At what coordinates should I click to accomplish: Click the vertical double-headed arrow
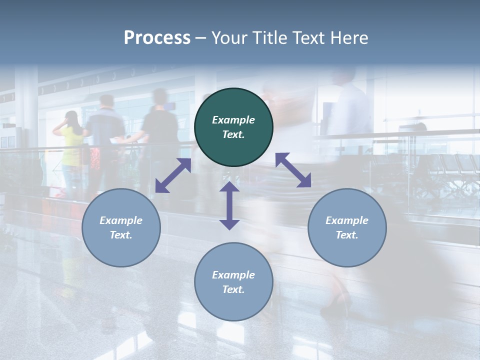coord(229,205)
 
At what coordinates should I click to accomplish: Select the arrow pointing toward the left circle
coord(173,175)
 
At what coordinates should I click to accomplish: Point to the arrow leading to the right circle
coord(293,170)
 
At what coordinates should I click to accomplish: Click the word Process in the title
coord(157,37)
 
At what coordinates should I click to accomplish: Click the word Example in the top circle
coord(233,120)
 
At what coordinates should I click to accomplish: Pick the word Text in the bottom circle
coord(233,289)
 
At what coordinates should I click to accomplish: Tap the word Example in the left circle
coord(121,220)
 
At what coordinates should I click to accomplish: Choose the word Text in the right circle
coord(347,235)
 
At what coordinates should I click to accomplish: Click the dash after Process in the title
coord(200,38)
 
